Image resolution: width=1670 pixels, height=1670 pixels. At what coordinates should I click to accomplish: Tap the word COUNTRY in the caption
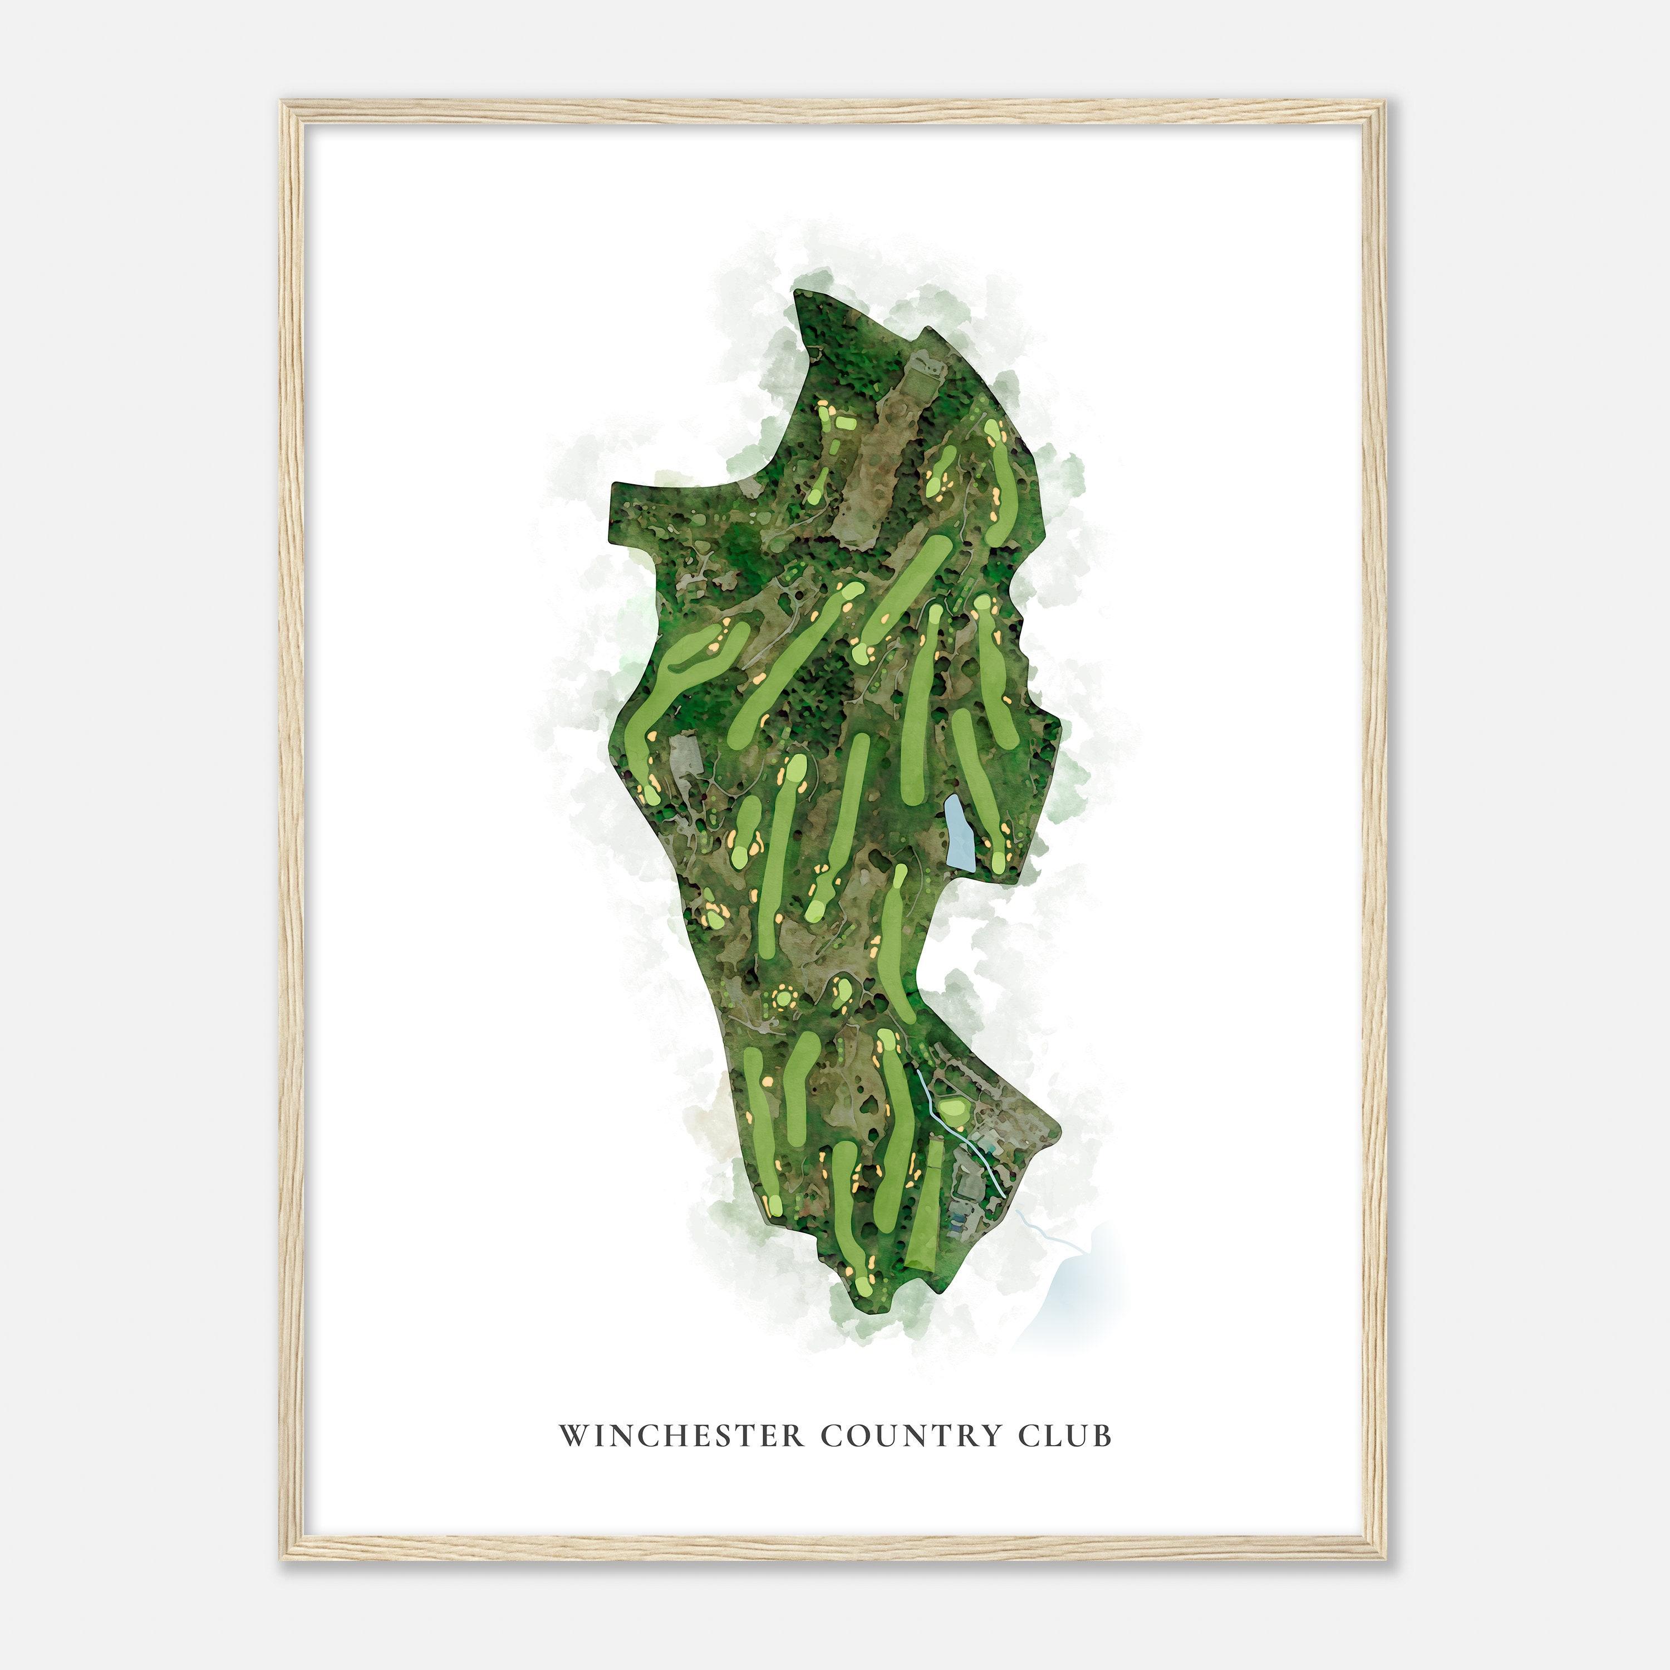pos(911,1436)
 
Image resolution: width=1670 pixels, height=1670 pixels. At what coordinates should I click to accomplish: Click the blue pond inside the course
pos(957,833)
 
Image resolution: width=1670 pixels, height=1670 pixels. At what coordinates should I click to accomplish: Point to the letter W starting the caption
pos(572,1436)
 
